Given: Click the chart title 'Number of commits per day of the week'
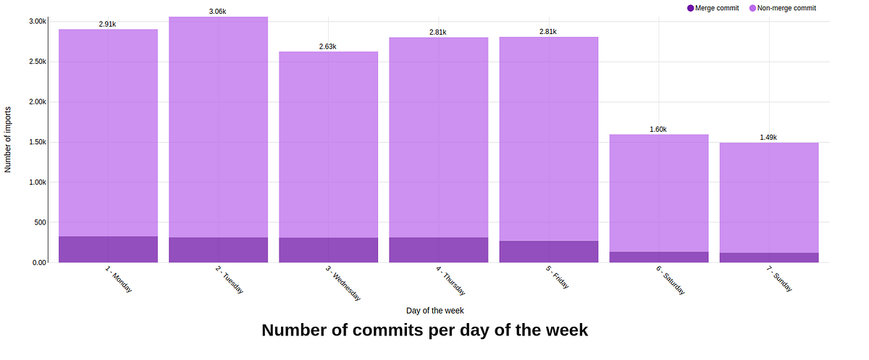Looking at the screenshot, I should tap(424, 330).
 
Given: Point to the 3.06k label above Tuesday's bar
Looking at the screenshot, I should tap(218, 12).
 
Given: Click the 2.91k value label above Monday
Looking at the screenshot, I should tap(107, 24).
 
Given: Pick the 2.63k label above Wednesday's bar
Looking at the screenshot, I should tap(328, 46).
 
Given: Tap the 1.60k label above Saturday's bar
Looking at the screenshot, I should tap(658, 129).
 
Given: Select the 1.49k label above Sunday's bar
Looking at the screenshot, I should tap(768, 137).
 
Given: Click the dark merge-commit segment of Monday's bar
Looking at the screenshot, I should tap(108, 249).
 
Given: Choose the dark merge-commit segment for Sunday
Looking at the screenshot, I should tap(769, 257).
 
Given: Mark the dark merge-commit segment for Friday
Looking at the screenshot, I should tap(549, 251).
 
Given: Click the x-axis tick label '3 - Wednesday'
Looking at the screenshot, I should tap(343, 282).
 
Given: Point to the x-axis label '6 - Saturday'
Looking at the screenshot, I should tap(670, 280).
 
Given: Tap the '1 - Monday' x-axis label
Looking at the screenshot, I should tap(118, 278).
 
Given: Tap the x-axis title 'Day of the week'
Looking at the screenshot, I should tap(434, 310).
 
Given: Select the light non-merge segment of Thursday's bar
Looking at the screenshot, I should tap(439, 138).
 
